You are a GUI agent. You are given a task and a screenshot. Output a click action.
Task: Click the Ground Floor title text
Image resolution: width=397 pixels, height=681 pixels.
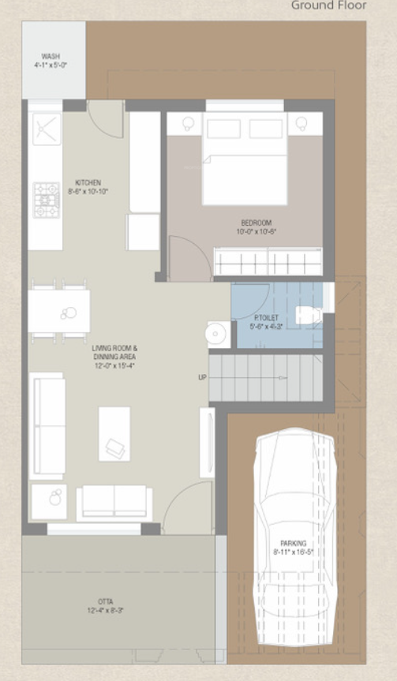[328, 6]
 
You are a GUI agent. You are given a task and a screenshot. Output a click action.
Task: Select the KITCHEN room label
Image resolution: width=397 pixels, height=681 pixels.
[88, 187]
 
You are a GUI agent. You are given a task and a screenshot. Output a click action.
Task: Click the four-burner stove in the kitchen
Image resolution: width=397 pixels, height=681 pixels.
[46, 200]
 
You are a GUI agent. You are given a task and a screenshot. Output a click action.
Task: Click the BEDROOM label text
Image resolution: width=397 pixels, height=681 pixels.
[256, 227]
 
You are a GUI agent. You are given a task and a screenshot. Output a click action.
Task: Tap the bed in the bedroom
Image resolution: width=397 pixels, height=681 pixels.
[245, 162]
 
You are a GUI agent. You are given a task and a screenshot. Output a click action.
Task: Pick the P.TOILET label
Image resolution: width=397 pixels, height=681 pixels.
[266, 321]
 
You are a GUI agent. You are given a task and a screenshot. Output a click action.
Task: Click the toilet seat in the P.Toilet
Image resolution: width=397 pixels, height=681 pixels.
[308, 316]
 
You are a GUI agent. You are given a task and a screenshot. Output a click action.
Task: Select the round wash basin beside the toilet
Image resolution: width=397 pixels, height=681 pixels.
[216, 334]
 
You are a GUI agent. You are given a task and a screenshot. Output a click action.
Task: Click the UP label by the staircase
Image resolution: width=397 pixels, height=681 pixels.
[202, 377]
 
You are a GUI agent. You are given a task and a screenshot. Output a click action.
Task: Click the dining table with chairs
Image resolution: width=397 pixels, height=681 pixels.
[59, 311]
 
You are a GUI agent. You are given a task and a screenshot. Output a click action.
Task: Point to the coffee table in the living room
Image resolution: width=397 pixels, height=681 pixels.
[114, 433]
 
